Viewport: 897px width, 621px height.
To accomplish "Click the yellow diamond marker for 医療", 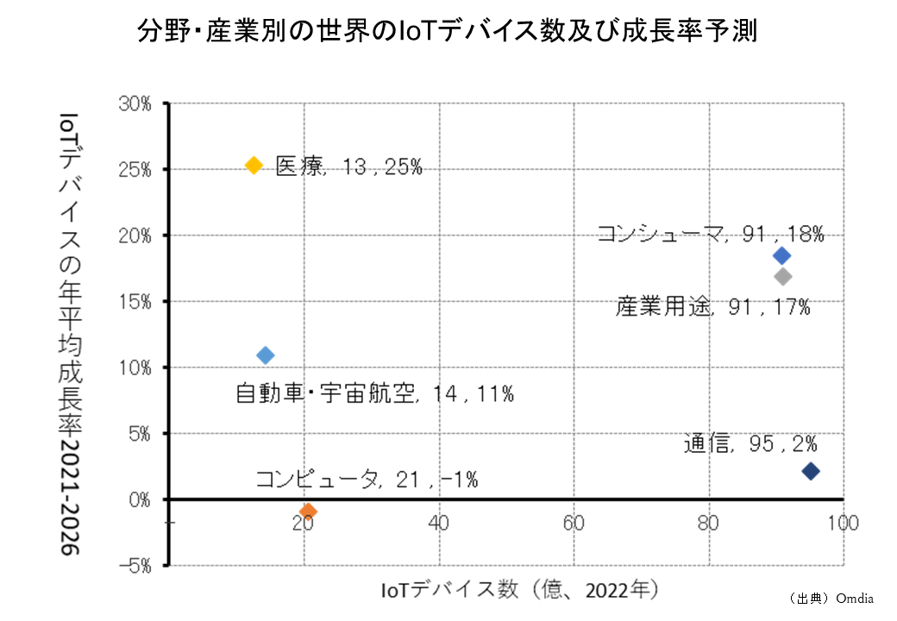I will click(254, 165).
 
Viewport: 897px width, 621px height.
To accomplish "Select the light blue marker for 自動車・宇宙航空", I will click(266, 355).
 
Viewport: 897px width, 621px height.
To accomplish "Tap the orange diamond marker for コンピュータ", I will click(308, 511).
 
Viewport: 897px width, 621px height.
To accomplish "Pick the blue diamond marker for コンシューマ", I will click(781, 255).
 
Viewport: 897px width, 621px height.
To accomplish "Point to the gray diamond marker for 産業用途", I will click(782, 277).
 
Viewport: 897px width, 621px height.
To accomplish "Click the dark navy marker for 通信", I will click(810, 471).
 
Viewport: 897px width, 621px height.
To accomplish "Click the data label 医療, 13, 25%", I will click(348, 167).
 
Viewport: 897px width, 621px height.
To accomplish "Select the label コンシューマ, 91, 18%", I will click(711, 234).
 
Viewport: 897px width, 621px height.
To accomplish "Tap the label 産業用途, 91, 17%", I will click(712, 306).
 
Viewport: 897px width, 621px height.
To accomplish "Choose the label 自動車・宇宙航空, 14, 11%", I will click(375, 394).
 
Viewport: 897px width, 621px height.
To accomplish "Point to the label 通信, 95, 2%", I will click(750, 444).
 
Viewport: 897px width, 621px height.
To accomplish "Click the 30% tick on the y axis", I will click(135, 103).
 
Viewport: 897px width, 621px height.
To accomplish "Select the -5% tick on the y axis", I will click(135, 566).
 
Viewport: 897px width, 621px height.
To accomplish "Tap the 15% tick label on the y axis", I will click(135, 302).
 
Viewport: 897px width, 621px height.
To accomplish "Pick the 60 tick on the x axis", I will click(574, 523).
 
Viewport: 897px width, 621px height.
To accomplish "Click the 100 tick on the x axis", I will click(843, 523).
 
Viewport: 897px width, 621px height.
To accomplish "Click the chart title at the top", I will click(448, 32).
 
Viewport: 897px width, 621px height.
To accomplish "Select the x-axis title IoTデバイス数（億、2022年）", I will click(520, 590).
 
